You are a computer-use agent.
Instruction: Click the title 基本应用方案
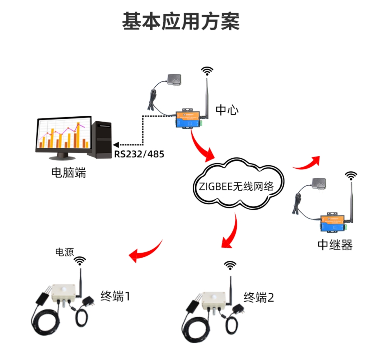click(x=181, y=22)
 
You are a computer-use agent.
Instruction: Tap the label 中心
click(x=227, y=110)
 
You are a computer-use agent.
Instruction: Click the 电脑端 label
click(x=68, y=173)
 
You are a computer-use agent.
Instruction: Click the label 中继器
click(x=335, y=245)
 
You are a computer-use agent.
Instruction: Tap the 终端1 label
click(x=116, y=296)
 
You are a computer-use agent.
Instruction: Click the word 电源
click(x=65, y=252)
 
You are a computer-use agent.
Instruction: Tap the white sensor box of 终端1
click(x=63, y=291)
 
